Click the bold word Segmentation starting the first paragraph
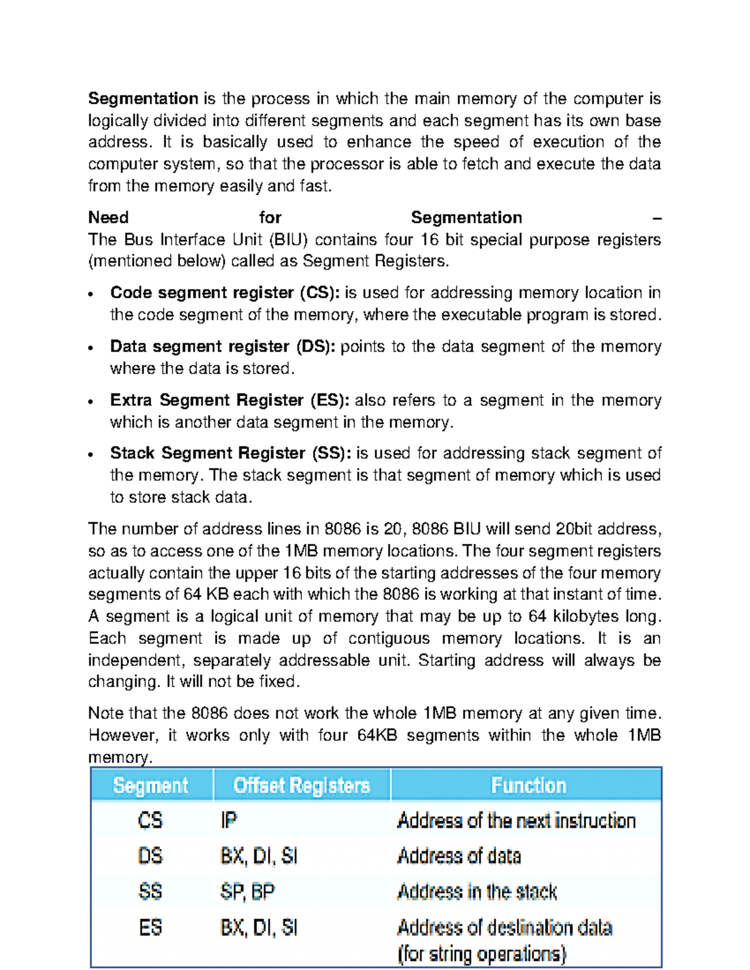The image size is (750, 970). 143,99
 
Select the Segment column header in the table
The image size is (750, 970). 151,785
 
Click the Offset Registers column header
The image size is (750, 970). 301,785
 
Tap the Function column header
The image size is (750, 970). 528,785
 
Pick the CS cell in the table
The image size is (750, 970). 150,820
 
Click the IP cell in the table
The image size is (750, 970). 229,820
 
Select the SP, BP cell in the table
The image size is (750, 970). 247,891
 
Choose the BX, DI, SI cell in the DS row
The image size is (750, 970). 259,856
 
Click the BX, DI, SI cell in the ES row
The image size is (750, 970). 259,928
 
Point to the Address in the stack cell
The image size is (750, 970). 477,891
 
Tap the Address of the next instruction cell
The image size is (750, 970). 516,820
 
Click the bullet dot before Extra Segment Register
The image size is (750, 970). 91,402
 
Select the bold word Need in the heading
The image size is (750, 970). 108,217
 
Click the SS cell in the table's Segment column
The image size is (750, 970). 150,891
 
